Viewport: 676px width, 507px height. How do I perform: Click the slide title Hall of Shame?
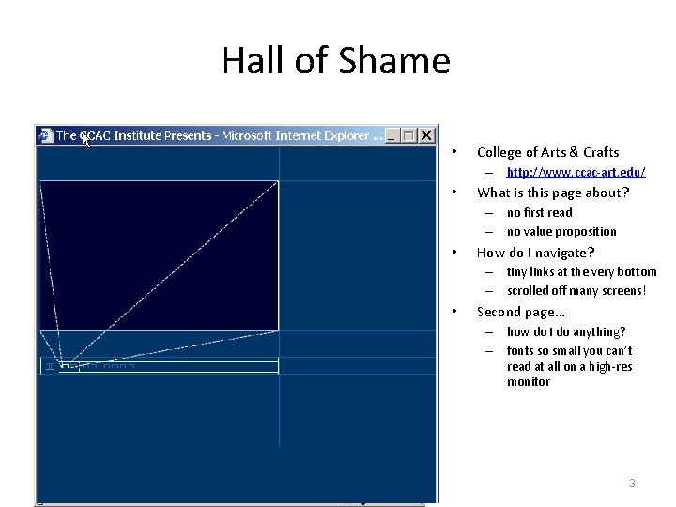point(336,61)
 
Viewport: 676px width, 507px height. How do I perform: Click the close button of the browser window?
point(426,136)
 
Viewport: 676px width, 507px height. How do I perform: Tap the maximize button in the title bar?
point(408,136)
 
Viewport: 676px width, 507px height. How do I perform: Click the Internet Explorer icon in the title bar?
point(45,136)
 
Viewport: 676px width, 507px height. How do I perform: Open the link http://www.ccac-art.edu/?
point(576,173)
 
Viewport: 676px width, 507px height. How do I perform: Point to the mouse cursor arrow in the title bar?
point(84,140)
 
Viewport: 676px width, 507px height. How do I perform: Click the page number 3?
point(632,484)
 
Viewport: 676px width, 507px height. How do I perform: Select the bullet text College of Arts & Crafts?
point(547,152)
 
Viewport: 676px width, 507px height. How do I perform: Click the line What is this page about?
point(553,193)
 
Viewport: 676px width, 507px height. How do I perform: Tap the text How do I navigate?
point(535,253)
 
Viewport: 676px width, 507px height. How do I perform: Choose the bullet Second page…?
point(520,312)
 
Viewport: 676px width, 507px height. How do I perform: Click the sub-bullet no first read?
point(539,213)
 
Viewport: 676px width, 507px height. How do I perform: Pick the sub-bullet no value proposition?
point(561,232)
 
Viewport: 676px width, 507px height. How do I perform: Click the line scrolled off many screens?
point(576,291)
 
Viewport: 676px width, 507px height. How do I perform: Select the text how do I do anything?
point(565,332)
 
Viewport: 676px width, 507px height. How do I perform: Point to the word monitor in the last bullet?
point(529,382)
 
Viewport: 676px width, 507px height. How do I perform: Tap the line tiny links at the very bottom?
point(581,272)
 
